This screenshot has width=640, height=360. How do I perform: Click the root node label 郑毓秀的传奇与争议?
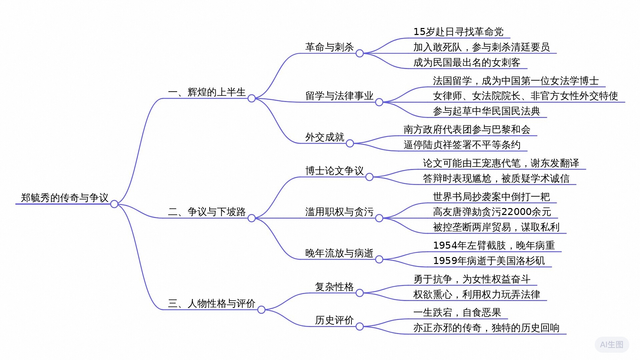(x=64, y=198)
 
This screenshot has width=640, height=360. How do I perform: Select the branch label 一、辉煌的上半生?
(x=207, y=92)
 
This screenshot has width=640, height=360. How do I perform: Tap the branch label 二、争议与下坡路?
(x=207, y=212)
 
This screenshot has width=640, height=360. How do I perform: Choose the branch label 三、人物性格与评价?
(x=212, y=303)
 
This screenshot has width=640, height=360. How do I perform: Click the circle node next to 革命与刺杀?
(x=359, y=53)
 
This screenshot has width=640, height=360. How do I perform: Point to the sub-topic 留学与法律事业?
(x=339, y=96)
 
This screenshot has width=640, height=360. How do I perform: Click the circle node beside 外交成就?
(x=350, y=143)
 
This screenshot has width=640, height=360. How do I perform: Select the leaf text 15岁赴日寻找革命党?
(x=458, y=32)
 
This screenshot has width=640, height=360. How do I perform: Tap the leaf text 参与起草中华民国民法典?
(x=486, y=111)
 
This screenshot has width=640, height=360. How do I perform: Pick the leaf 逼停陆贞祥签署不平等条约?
(x=462, y=145)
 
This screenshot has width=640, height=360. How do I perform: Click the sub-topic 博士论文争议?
(x=334, y=171)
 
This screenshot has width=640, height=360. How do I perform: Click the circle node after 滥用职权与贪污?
(x=379, y=218)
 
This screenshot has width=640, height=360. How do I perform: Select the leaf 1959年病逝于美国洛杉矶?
(x=489, y=261)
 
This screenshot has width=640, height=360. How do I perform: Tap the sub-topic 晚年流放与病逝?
(x=339, y=253)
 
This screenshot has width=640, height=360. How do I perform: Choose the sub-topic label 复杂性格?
(x=334, y=287)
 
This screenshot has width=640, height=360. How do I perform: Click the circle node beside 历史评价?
(x=359, y=327)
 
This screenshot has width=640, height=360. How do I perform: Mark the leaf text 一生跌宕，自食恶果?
(x=457, y=312)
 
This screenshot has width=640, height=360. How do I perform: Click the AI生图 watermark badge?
(x=612, y=344)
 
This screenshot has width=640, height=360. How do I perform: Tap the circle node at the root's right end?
(x=114, y=204)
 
